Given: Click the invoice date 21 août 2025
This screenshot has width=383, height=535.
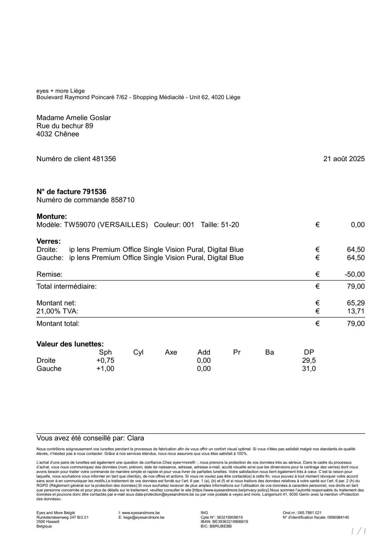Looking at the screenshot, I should coord(344,159).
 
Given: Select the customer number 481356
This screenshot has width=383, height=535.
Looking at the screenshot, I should coord(104,159).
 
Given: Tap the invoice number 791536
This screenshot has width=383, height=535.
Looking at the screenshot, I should coord(94,192).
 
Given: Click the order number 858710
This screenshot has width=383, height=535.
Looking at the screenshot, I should coord(123,200).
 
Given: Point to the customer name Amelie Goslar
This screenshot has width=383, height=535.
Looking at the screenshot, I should coord(88,118).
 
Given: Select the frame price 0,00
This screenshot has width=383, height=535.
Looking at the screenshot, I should coord(357,225).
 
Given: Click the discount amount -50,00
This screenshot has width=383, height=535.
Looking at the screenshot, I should coord(354,274).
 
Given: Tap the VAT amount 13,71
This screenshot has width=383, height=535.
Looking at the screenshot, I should coord(356,311).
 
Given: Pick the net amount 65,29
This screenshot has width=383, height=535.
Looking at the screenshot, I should coord(356,303).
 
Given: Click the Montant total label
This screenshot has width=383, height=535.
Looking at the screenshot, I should coord(58,323).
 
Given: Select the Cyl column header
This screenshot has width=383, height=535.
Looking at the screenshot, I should coord(138,352).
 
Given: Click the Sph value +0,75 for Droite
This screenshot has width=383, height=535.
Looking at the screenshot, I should coord(105,360).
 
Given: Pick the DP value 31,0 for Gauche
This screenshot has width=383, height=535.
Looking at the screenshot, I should coord(309,368).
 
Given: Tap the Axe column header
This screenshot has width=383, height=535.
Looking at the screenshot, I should coord(171,352).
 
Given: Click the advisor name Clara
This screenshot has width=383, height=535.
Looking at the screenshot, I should coord(135,438).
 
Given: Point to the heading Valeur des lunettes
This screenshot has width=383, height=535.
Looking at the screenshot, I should coord(70,344).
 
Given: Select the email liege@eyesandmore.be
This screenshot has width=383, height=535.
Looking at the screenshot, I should coord(143,517).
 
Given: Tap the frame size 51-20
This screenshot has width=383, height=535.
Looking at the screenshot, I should coord(230,225).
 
